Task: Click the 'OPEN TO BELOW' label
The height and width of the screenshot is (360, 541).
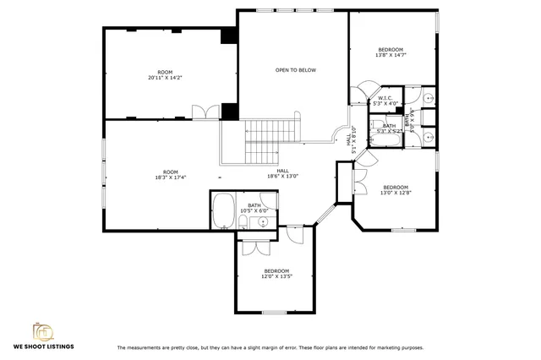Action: click(x=295, y=70)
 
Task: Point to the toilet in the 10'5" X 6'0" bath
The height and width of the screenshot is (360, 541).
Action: click(x=243, y=222)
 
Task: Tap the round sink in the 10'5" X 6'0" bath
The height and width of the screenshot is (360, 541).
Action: click(x=263, y=222)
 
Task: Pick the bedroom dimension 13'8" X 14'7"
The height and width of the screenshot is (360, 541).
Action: click(x=391, y=55)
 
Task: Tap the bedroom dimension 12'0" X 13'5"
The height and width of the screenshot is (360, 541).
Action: click(x=276, y=275)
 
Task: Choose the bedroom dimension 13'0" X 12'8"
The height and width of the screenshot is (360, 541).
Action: click(x=395, y=192)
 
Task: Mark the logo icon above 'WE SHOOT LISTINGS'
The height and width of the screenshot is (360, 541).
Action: click(x=43, y=330)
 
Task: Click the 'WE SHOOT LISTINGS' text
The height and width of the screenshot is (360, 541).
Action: click(x=43, y=346)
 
